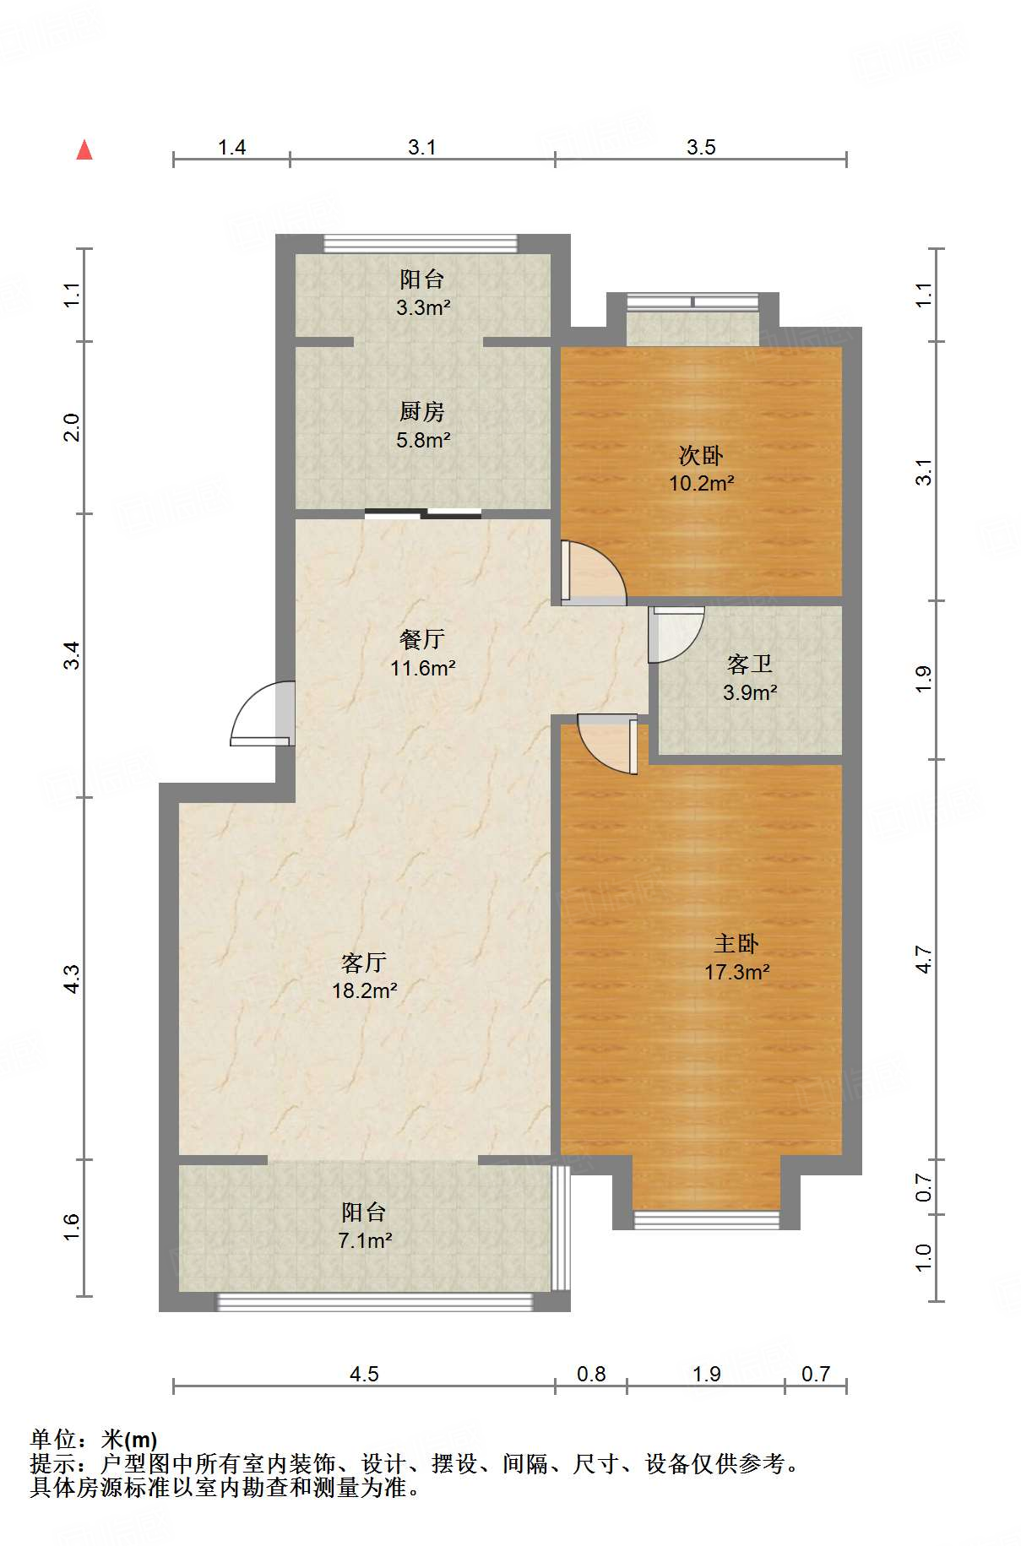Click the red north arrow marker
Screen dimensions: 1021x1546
tap(84, 149)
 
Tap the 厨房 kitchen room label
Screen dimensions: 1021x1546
tap(422, 411)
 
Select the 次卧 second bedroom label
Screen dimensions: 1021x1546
tap(701, 455)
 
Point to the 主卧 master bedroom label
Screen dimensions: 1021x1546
tap(736, 943)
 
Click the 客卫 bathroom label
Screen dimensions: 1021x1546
tap(750, 664)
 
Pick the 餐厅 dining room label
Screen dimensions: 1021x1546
tap(422, 639)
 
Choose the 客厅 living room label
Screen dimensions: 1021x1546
tap(364, 962)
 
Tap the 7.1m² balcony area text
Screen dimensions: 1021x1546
tap(365, 1240)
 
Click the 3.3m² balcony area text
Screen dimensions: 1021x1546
tap(423, 307)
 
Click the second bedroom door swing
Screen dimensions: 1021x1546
tap(594, 572)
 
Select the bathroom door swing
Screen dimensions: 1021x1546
tap(676, 634)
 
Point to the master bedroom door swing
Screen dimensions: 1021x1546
tap(607, 744)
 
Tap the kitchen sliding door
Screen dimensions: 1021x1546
tap(423, 513)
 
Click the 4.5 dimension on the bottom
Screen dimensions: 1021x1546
tap(364, 1374)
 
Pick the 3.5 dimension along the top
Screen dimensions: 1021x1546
tap(701, 147)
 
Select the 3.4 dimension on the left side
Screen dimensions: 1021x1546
tap(73, 655)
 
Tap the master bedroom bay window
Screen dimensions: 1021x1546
tap(706, 1218)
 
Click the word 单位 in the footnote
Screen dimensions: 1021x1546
tap(53, 1440)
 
